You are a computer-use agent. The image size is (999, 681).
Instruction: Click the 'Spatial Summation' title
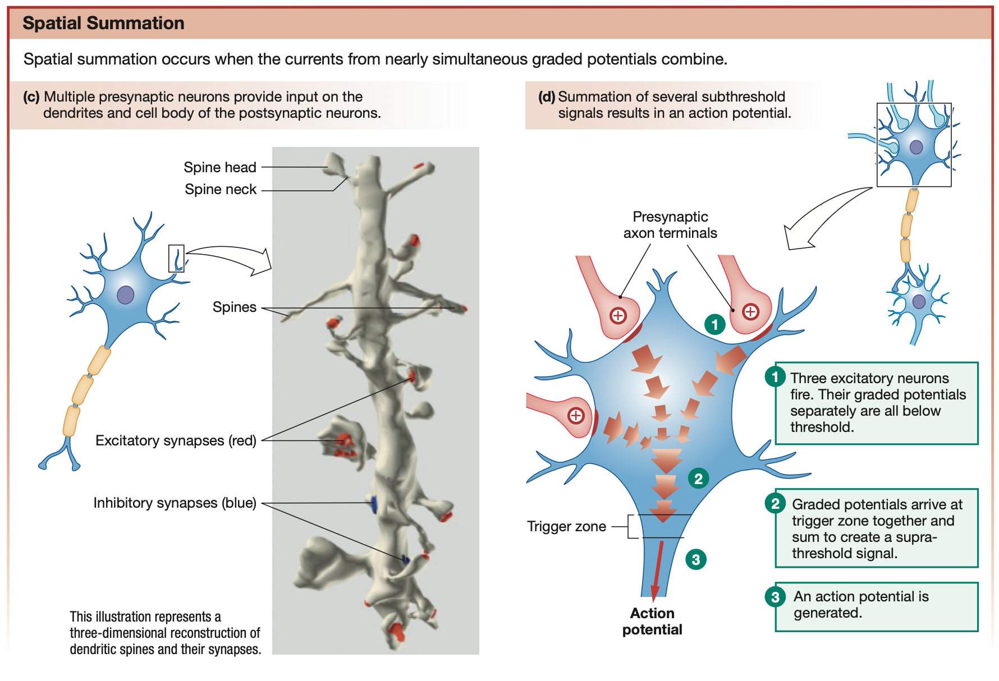click(x=103, y=23)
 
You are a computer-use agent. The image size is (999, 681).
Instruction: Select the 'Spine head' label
click(x=219, y=167)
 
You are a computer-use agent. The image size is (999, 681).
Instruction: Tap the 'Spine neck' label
click(x=220, y=189)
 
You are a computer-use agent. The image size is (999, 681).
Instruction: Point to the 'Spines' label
click(x=234, y=307)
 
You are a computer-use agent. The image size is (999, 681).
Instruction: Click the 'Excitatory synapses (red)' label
click(x=176, y=440)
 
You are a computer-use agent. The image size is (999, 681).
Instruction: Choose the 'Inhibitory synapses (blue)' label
click(x=175, y=503)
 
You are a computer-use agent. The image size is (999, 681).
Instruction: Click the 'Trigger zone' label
click(x=566, y=526)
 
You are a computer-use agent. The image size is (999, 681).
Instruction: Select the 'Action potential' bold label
click(x=652, y=621)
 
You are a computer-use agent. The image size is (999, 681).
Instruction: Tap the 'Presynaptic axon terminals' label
click(x=670, y=224)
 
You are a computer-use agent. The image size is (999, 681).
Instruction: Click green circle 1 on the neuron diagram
click(x=714, y=324)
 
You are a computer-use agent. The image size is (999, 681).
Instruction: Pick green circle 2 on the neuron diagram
click(x=698, y=478)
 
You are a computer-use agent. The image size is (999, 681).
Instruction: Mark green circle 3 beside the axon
click(x=696, y=559)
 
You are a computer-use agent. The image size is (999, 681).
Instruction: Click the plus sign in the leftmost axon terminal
click(x=576, y=416)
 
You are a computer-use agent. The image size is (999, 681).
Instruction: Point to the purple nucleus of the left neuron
click(x=125, y=295)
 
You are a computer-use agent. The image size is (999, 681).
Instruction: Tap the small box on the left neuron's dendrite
click(x=176, y=258)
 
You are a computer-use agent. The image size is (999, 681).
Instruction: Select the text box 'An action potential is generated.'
click(x=876, y=606)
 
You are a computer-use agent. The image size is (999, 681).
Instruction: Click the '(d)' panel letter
click(x=546, y=96)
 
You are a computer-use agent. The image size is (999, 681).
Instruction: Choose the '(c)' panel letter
click(x=31, y=96)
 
